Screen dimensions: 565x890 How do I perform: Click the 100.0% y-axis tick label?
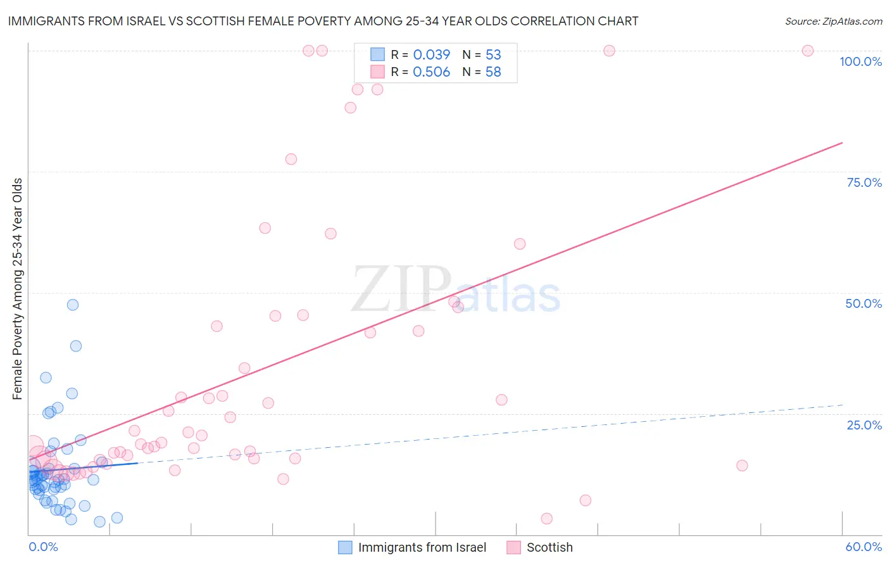coord(860,61)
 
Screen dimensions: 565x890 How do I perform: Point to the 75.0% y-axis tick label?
coord(864,182)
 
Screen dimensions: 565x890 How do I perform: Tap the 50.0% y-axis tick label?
coord(863,303)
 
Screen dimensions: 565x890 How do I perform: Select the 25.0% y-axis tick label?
coord(864,424)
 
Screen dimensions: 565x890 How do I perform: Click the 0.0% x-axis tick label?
coord(43,547)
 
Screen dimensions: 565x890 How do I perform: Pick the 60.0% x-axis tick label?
coord(863,547)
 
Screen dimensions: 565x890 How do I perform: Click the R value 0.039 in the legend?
coord(431,55)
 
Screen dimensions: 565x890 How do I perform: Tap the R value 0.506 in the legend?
coord(431,72)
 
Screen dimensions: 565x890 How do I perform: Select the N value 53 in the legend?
coord(493,55)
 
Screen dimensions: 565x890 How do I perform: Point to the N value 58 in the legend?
coord(493,72)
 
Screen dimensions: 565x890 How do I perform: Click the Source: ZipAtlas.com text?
coord(833,22)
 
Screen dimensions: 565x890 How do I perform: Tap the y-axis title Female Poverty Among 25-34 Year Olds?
coord(17,289)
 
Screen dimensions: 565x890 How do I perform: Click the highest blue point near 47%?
coord(73,305)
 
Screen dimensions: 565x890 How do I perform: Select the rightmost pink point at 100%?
coord(808,51)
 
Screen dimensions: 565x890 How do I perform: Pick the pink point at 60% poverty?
coord(520,244)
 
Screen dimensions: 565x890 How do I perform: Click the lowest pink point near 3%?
coord(547,519)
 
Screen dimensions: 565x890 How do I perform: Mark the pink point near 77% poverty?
coord(291,159)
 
